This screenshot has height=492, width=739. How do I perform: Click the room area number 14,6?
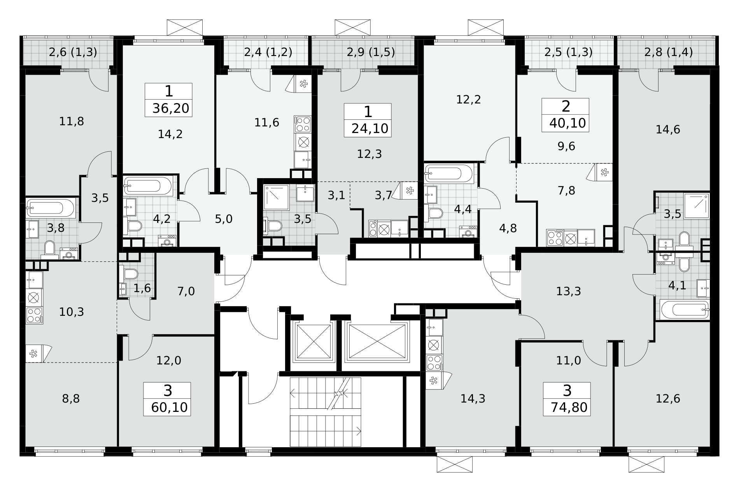click(x=668, y=130)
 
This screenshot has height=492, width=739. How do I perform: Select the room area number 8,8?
click(x=71, y=399)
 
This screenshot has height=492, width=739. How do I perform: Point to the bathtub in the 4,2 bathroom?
click(x=148, y=187)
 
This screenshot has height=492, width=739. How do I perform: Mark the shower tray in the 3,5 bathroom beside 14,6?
click(x=697, y=206)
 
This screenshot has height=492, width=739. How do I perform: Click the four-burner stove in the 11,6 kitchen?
click(x=303, y=124)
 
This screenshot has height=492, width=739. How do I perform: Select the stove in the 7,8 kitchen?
click(x=555, y=238)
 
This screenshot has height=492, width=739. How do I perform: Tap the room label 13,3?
click(x=569, y=291)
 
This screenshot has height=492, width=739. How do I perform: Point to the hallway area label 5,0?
click(x=224, y=219)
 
